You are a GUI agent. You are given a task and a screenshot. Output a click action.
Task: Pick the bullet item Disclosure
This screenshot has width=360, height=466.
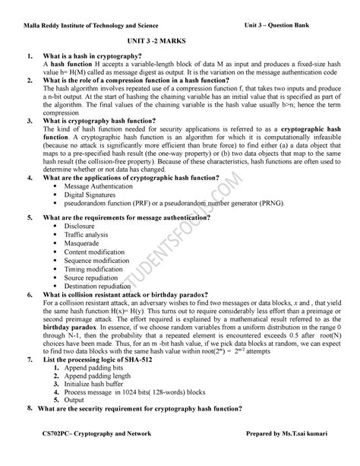80,226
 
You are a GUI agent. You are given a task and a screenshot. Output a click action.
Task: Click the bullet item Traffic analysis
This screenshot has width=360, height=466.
87,234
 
